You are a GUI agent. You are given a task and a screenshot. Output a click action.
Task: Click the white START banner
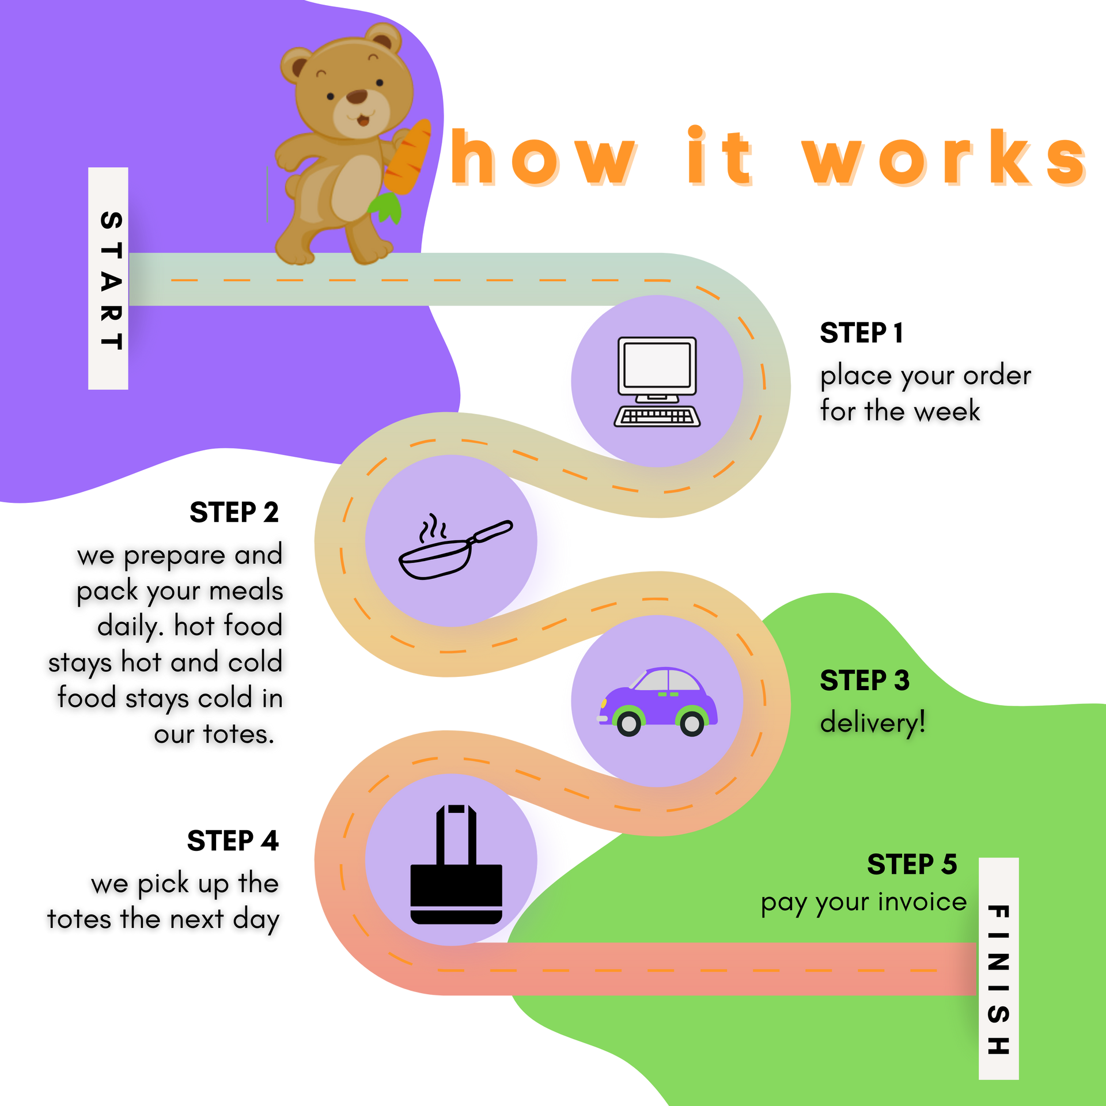pyautogui.click(x=108, y=279)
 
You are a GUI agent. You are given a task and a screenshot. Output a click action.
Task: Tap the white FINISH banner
pyautogui.click(x=998, y=968)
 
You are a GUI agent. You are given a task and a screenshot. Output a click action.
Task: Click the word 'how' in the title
pyautogui.click(x=544, y=159)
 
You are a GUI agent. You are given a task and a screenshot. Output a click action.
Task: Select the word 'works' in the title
pyautogui.click(x=945, y=159)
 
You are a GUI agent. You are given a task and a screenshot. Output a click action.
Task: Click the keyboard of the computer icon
pyautogui.click(x=657, y=416)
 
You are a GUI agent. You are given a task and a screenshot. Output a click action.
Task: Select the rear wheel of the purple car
pyautogui.click(x=692, y=723)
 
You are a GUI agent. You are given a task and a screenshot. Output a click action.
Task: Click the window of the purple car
pyautogui.click(x=668, y=681)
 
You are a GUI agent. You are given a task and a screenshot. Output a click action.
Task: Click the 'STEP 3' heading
pyautogui.click(x=865, y=680)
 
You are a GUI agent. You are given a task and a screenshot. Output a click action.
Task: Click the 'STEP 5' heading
pyautogui.click(x=912, y=864)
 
